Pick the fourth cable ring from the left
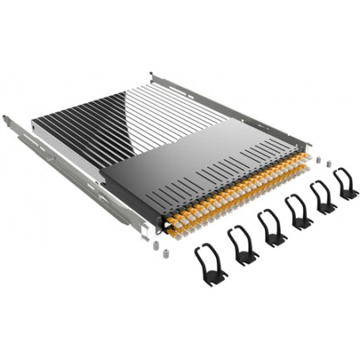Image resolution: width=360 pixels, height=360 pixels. coord(298,211)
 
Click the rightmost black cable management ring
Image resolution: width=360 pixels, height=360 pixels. coord(345,183)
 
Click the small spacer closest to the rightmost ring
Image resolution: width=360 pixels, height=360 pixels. coord(325,165)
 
